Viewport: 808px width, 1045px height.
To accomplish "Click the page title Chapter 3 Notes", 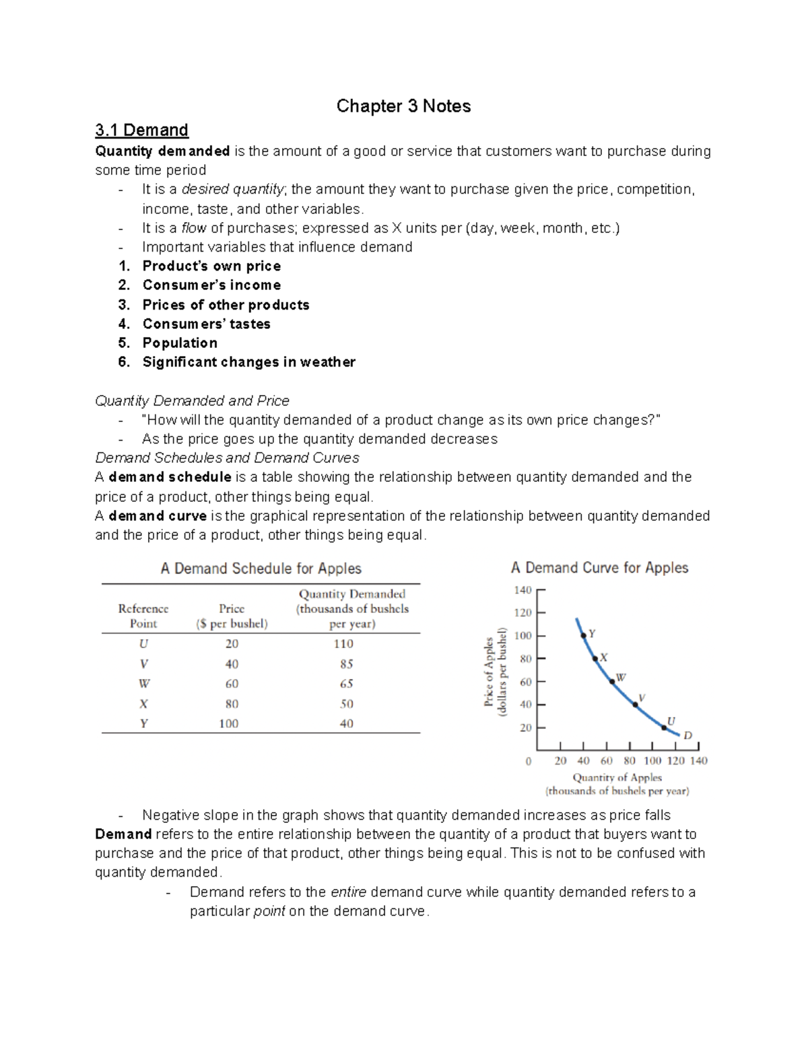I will pos(403,106).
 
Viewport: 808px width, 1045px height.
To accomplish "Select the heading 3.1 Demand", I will pos(141,130).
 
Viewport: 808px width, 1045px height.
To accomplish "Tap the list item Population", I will pos(180,343).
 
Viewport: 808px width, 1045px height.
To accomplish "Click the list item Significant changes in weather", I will pos(248,362).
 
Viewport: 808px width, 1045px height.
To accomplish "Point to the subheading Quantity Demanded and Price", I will pos(192,401).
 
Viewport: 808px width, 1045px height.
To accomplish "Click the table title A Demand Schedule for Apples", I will pos(261,569).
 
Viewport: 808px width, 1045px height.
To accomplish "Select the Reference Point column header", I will pos(143,616).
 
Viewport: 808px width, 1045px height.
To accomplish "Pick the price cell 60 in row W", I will pos(232,684).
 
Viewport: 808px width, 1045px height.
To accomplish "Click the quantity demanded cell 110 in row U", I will pos(343,644).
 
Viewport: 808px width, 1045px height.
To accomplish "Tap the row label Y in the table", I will pos(143,724).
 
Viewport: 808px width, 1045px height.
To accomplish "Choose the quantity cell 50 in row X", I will pos(346,704).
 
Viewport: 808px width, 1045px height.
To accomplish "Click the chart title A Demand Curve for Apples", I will pos(599,568).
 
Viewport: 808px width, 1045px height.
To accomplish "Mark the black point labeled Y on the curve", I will pos(583,635).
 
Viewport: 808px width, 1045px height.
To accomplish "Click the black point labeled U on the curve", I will pos(663,727).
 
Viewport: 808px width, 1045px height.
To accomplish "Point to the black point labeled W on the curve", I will pos(612,682).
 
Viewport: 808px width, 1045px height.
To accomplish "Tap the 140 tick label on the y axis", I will pos(523,590).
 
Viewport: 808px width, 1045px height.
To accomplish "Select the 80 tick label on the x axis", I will pos(630,761).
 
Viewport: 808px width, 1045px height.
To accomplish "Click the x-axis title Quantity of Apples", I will pos(617,777).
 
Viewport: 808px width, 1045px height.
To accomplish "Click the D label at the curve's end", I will pos(687,735).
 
